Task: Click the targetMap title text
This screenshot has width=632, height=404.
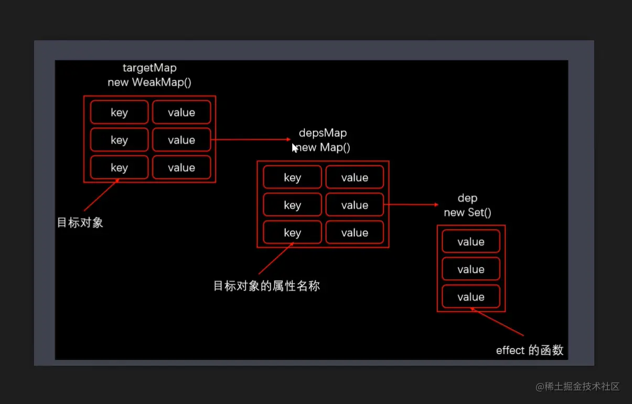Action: tap(149, 68)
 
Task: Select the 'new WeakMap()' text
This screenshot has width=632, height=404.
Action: tap(149, 82)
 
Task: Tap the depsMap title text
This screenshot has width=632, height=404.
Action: tap(323, 133)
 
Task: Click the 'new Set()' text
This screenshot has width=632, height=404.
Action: tap(467, 212)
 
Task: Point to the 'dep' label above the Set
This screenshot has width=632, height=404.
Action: tap(467, 198)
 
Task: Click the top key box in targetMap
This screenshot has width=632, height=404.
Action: tap(119, 113)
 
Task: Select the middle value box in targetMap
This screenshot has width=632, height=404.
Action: tap(181, 140)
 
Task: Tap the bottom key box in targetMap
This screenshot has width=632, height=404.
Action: tap(119, 168)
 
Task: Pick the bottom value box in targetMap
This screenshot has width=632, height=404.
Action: tap(181, 168)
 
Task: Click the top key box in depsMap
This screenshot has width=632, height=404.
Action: tap(292, 178)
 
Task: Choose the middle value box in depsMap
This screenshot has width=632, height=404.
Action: tap(355, 205)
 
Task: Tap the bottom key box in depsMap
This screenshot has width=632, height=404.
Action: tap(292, 233)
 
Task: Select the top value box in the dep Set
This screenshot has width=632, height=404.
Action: tap(470, 242)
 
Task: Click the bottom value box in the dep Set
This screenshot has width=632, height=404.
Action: tap(470, 297)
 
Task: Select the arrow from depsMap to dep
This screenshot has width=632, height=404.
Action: tap(412, 205)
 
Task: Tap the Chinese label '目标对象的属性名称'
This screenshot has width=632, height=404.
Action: tap(266, 286)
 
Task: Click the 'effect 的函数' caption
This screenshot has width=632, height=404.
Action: tap(529, 350)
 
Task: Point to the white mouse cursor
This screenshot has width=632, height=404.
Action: tap(295, 148)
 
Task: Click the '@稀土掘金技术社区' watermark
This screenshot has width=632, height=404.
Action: tap(577, 387)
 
